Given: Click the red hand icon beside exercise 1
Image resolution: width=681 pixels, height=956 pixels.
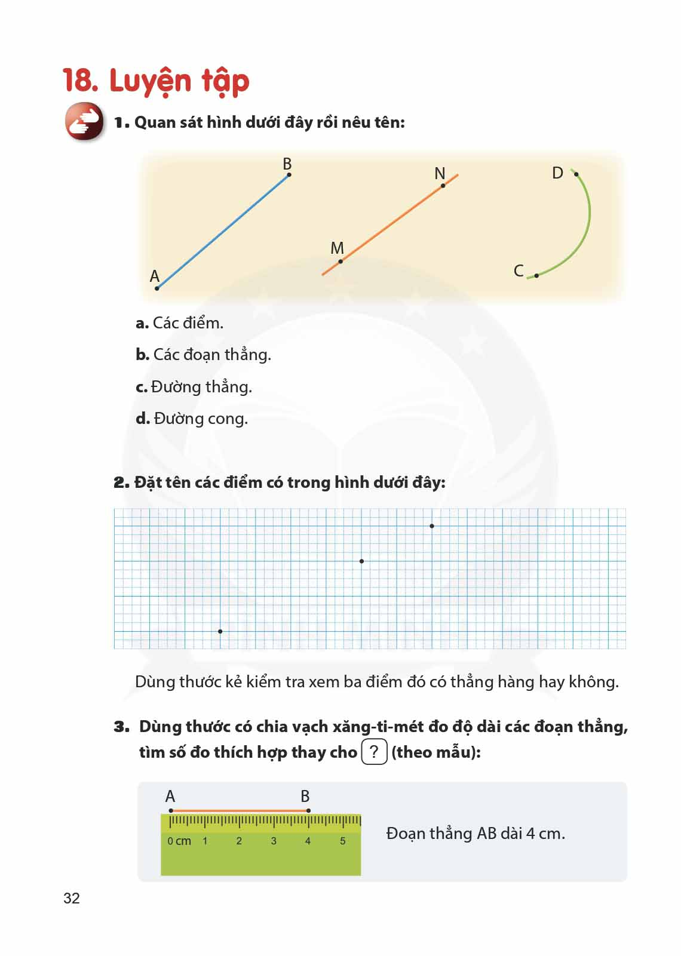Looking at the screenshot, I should point(84,122).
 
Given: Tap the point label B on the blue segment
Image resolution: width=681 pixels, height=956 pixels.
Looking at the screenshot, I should point(287,164).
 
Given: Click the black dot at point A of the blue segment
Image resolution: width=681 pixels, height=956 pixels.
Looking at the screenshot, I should point(157,288).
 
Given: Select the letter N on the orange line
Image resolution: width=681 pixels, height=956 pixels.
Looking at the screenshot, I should point(440,173).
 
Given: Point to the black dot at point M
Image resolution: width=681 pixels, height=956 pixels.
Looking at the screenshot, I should point(340,262).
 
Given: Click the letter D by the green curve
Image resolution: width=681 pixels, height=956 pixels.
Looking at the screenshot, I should point(557,173).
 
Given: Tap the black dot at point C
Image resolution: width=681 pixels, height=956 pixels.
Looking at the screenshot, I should point(536,275).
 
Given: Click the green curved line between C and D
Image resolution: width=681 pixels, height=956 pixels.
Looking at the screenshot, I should point(588,215).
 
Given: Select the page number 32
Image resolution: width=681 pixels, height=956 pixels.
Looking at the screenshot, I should point(72,898).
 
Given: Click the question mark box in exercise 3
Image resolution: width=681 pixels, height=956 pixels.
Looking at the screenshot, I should point(375,752).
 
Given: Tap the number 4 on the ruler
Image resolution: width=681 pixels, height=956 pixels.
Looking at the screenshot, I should point(308,841).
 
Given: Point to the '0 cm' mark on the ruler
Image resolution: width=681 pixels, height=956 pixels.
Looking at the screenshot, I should point(179,841).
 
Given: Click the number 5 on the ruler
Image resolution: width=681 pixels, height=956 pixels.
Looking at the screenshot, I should point(342,841).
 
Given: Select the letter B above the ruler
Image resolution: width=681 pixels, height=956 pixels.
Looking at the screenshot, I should point(305,796).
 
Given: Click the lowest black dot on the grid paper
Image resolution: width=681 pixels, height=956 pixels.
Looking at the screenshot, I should point(220,631).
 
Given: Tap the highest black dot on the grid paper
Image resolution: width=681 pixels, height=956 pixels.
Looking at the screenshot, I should point(432,526).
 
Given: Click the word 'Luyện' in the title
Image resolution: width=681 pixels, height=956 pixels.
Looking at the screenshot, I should point(150,81).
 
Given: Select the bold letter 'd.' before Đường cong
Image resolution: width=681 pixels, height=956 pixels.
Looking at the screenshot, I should point(142,419).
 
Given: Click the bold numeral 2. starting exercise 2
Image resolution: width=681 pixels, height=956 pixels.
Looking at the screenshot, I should point(121,482).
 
